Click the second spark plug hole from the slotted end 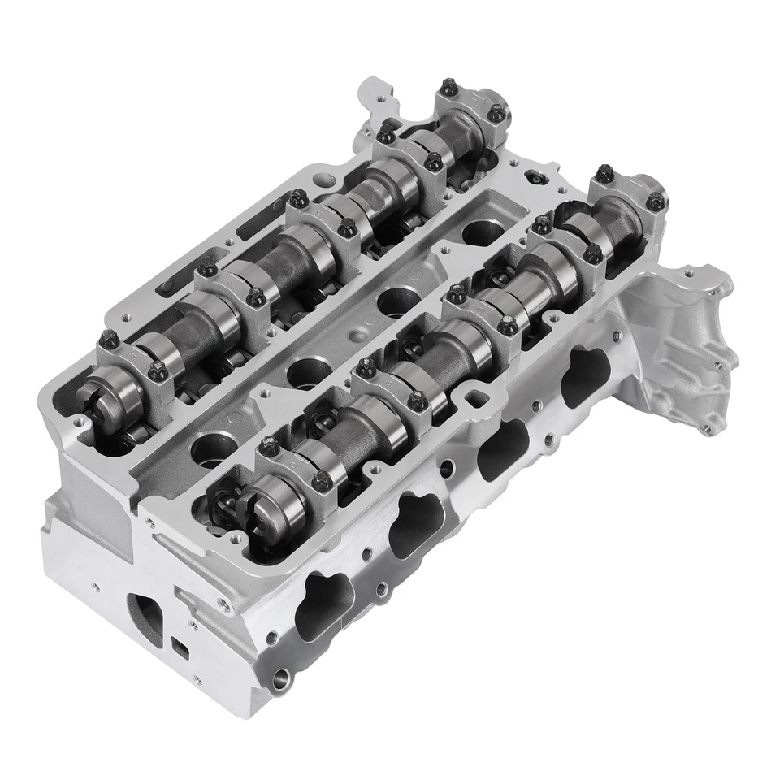tap(306, 372)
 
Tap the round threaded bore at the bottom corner tap(280, 677)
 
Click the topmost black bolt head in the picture tap(448, 87)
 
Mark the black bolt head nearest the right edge tap(655, 201)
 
